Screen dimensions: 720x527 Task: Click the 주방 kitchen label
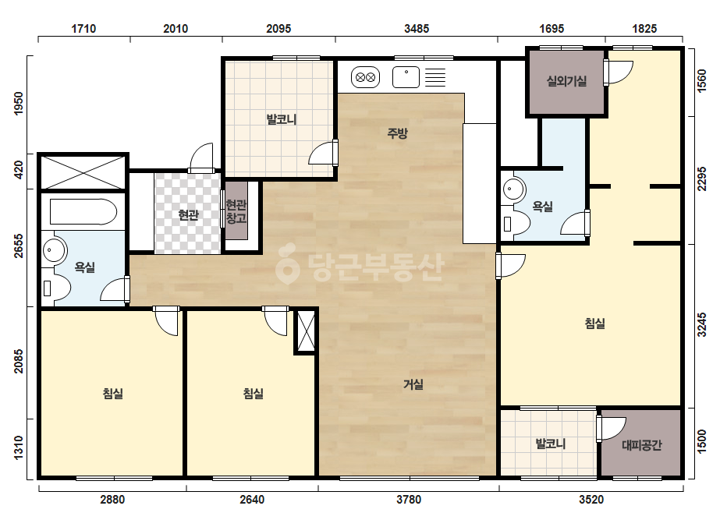[x=397, y=133]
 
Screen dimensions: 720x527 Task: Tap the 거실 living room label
[x=413, y=384]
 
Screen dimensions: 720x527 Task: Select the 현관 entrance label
[x=188, y=214]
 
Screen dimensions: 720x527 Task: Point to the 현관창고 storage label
[x=236, y=211]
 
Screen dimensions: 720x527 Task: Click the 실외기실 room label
[x=566, y=81]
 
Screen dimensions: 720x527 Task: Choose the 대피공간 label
[x=641, y=445]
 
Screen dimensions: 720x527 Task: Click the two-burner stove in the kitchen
[x=366, y=77]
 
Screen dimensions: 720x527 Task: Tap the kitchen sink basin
[x=406, y=77]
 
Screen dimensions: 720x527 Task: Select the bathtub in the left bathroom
[x=83, y=211]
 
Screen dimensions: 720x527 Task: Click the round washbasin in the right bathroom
[x=513, y=189]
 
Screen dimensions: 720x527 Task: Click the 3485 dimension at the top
[x=417, y=29]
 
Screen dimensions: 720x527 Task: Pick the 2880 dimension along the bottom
[x=112, y=500]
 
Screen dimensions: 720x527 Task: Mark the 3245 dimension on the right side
[x=701, y=324]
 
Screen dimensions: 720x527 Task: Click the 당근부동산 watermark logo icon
[x=287, y=265]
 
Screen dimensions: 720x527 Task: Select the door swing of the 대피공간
[x=612, y=428]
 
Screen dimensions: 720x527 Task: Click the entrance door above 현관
[x=201, y=158]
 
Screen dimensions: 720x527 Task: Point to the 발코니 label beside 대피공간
[x=551, y=444]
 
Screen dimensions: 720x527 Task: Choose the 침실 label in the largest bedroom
[x=594, y=324]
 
